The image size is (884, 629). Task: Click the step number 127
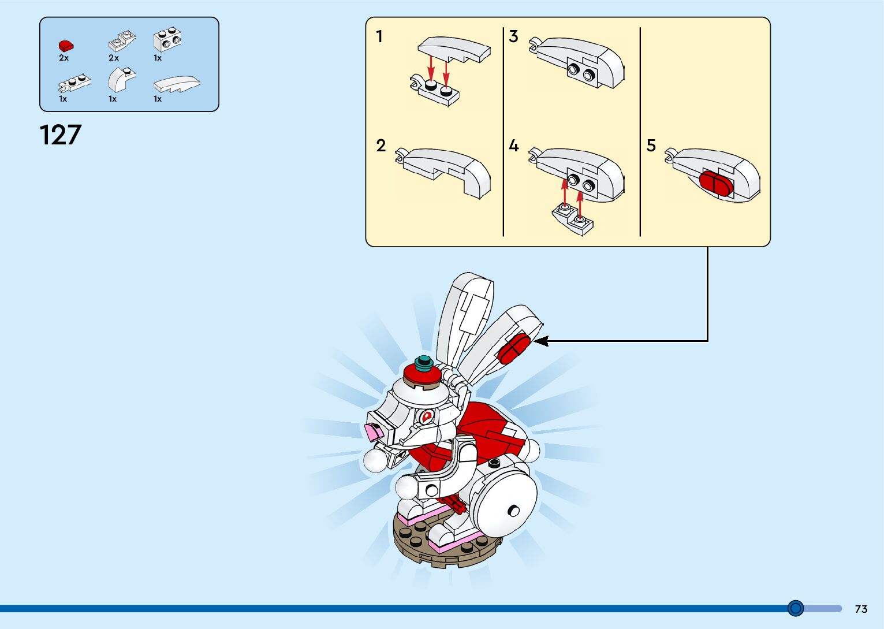coord(61,135)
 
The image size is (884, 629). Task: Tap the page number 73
coord(861,609)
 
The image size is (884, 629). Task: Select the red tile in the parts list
coord(65,46)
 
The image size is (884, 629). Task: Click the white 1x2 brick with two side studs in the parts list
coord(167,39)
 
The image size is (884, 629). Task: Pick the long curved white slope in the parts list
coord(177,84)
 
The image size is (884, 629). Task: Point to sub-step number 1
coord(379,37)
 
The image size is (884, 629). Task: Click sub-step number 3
coord(513,37)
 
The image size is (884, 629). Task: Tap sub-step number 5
coord(651,146)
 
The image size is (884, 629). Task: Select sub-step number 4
coord(513,146)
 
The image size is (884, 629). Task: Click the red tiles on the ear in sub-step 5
coord(716,183)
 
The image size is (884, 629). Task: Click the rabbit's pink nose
coord(373,431)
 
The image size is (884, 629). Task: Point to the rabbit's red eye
coord(427,416)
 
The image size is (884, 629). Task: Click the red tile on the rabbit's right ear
coord(513,348)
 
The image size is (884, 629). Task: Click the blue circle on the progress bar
coord(796,608)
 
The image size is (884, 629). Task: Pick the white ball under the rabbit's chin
coord(375,460)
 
